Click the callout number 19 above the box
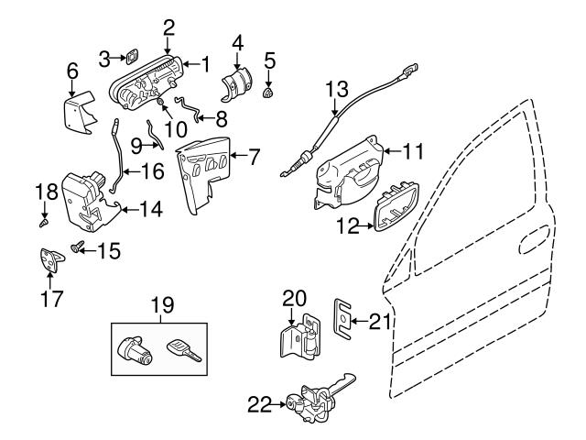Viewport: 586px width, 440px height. (x=162, y=304)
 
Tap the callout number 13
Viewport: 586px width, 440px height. (x=337, y=91)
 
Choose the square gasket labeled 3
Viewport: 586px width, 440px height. (x=131, y=60)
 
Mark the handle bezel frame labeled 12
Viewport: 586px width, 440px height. (x=393, y=209)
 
